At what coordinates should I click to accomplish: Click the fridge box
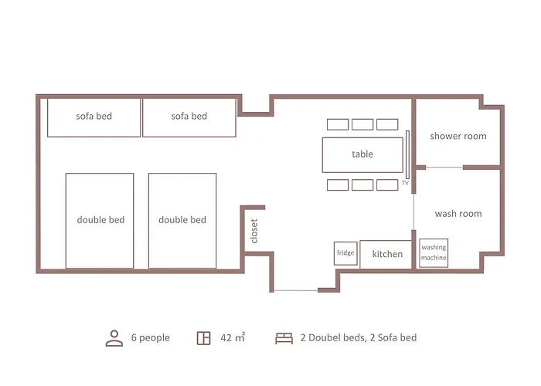[345, 253]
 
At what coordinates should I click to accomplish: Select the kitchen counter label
[386, 254]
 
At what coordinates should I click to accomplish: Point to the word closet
[254, 231]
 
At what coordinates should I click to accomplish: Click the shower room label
[458, 136]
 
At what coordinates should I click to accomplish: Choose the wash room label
[458, 214]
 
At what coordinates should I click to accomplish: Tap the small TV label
[404, 184]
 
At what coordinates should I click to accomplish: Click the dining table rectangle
[362, 154]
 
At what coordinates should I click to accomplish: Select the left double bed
[100, 220]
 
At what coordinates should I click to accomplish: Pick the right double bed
[182, 220]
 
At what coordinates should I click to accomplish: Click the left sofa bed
[94, 117]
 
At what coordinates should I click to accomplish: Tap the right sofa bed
[189, 117]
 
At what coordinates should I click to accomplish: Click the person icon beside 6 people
[114, 337]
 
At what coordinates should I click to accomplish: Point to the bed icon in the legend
[284, 338]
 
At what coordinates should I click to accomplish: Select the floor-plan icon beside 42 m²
[203, 338]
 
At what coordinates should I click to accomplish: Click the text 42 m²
[233, 337]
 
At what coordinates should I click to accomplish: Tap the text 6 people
[150, 337]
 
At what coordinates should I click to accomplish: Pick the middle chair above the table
[362, 124]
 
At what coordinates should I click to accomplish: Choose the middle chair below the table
[362, 185]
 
